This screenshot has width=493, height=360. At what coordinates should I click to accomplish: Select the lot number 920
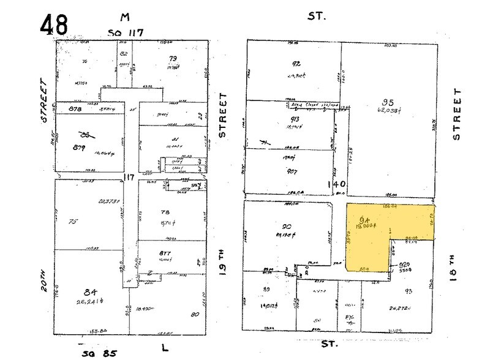pyautogui.click(x=404, y=265)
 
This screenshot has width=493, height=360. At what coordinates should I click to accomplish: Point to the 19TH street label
pyautogui.click(x=223, y=247)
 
